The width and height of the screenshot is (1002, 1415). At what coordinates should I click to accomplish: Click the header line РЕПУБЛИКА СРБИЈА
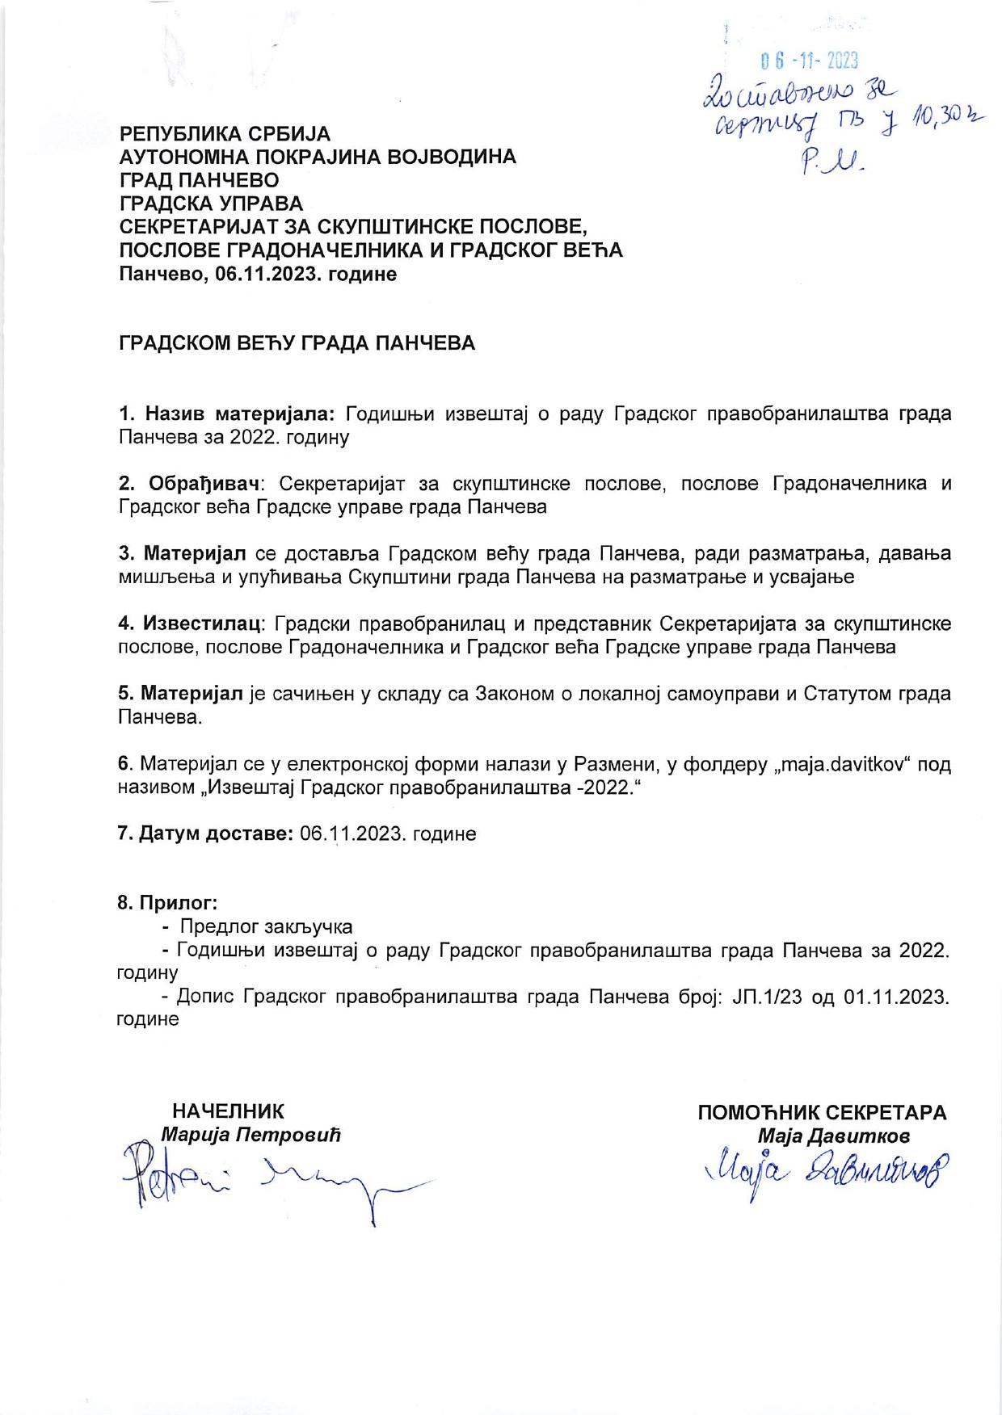[x=225, y=133]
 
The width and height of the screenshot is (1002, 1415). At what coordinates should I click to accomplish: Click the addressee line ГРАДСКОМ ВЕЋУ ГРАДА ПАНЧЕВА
[x=297, y=343]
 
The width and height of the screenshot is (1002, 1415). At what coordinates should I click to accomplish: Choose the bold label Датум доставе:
[x=205, y=833]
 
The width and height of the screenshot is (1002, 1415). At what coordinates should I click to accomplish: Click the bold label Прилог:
[x=168, y=902]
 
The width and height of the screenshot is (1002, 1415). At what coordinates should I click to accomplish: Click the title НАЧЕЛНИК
[x=228, y=1112]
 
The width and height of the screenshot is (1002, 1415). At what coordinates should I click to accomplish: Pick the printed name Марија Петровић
[x=251, y=1135]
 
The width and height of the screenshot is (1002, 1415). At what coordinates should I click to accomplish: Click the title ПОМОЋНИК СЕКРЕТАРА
[x=822, y=1112]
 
